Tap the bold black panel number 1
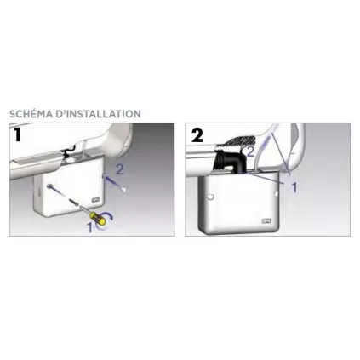click(x=18, y=134)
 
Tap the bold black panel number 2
click(x=197, y=135)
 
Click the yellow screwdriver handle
click(x=99, y=219)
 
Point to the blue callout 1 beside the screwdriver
click(x=90, y=227)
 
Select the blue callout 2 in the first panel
click(x=120, y=169)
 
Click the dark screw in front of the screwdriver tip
click(x=74, y=203)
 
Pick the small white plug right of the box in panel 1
click(x=123, y=190)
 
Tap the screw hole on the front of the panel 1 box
click(x=50, y=186)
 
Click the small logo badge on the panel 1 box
click(x=95, y=200)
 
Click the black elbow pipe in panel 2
click(x=230, y=163)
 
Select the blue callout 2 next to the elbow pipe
click(x=250, y=151)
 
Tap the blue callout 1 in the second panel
click(x=294, y=187)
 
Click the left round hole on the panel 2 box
click(x=210, y=197)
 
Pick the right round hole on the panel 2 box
click(x=277, y=194)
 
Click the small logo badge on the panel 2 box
click(x=266, y=220)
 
